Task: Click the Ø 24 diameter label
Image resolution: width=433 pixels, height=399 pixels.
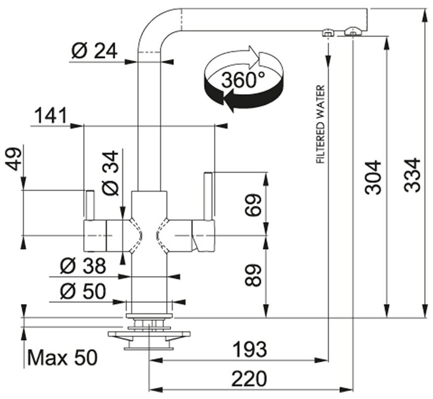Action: pyautogui.click(x=94, y=51)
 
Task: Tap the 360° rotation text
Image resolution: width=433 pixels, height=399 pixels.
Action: pyautogui.click(x=243, y=80)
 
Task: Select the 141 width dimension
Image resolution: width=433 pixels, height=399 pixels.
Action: pyautogui.click(x=50, y=116)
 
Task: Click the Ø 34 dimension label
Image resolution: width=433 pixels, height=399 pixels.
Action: pyautogui.click(x=112, y=173)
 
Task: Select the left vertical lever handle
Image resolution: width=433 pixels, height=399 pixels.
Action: pyautogui.click(x=90, y=205)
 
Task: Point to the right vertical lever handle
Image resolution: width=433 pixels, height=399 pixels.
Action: pyautogui.click(x=209, y=196)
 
